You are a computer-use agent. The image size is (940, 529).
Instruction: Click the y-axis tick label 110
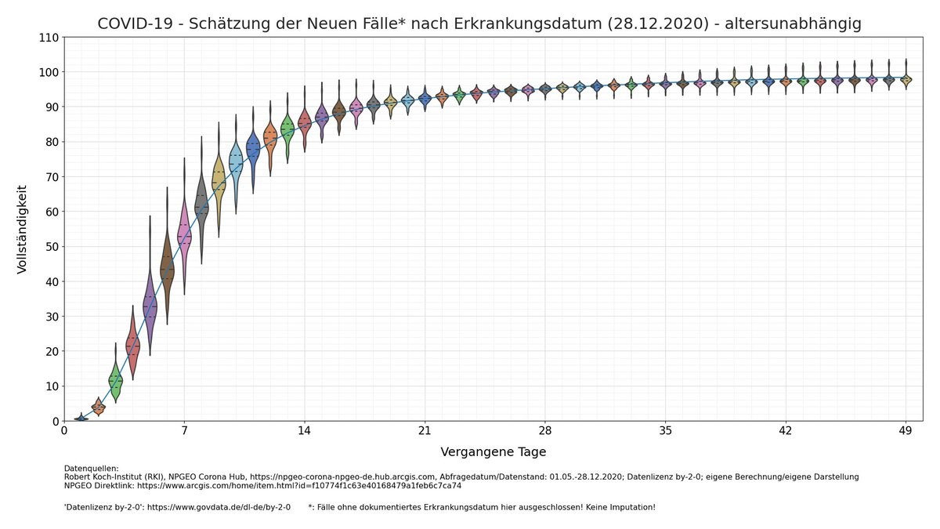pyautogui.click(x=49, y=38)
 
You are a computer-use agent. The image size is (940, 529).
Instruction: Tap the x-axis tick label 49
pyautogui.click(x=906, y=430)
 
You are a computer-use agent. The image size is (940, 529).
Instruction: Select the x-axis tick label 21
pyautogui.click(x=425, y=430)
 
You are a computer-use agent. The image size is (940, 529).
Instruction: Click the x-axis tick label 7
pyautogui.click(x=184, y=430)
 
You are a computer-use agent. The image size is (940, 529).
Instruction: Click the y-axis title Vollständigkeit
pyautogui.click(x=22, y=229)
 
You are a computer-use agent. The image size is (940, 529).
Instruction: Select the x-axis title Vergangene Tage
pyautogui.click(x=493, y=452)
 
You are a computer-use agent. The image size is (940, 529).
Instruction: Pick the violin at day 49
pyautogui.click(x=906, y=79)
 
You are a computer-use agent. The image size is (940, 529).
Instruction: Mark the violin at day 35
pyautogui.click(x=665, y=84)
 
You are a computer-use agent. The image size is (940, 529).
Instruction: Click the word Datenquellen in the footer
pyautogui.click(x=91, y=469)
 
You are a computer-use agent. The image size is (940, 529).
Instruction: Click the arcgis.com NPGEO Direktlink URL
pyautogui.click(x=299, y=486)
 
